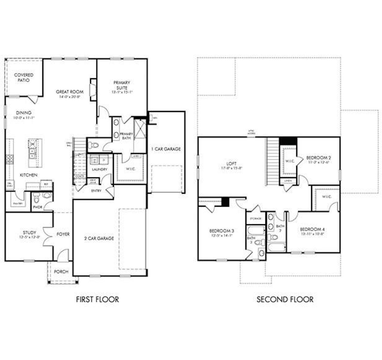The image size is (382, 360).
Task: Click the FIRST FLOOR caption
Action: [x=97, y=299]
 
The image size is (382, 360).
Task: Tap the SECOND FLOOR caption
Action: [x=285, y=299]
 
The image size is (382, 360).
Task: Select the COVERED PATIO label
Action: [x=24, y=78]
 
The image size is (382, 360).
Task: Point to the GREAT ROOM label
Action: [x=70, y=92]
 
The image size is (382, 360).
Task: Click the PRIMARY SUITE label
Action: [x=122, y=85]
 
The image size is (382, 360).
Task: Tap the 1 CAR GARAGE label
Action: [x=166, y=149]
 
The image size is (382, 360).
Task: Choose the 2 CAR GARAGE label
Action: [x=99, y=238]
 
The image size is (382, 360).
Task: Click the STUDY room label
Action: [x=30, y=232]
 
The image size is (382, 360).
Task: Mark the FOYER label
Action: [x=63, y=234]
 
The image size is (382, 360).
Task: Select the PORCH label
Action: [x=61, y=272]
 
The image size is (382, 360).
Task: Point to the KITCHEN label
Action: [x=28, y=175]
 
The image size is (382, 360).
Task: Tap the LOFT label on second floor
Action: [x=231, y=164]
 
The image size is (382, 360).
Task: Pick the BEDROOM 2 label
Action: [x=318, y=157]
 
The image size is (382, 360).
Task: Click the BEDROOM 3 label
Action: [x=221, y=231]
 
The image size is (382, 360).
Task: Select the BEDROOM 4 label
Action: [x=312, y=229]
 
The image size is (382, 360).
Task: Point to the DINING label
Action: [x=24, y=113]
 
